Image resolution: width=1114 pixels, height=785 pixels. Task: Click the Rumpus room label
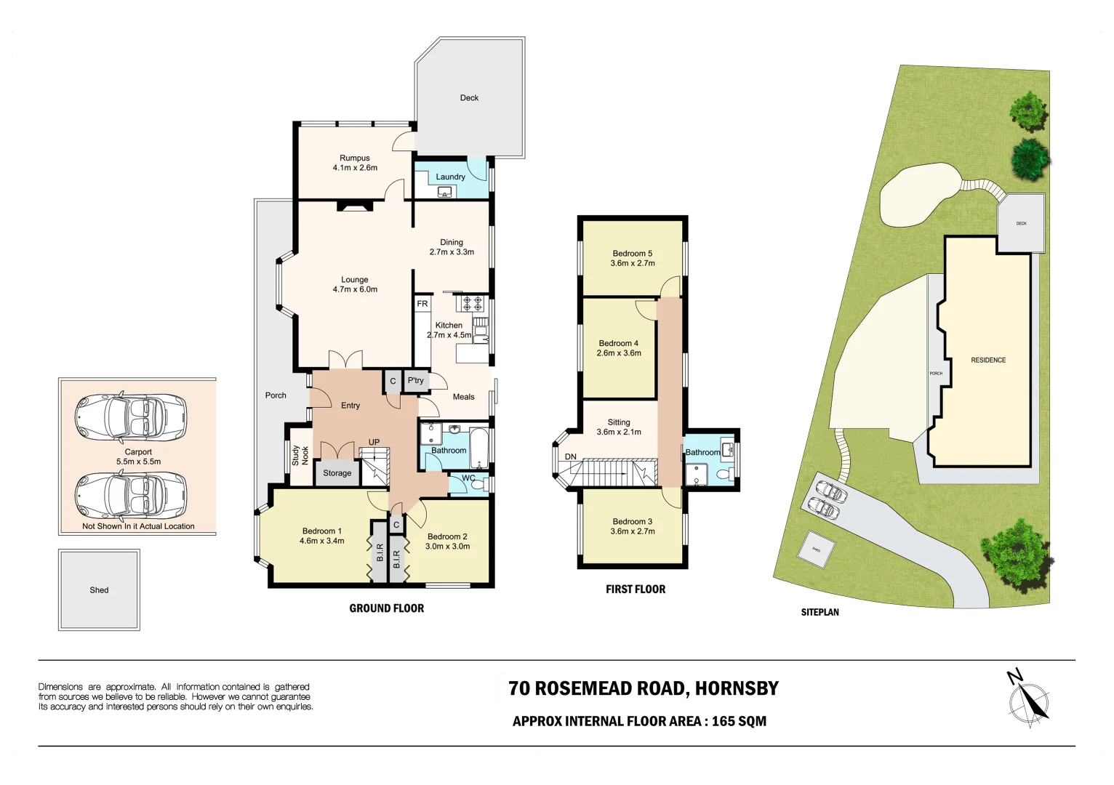(355, 158)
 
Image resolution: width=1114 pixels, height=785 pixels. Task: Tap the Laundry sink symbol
(445, 192)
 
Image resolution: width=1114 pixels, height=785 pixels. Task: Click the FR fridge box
(422, 304)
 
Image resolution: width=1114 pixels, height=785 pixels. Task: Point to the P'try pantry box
(415, 381)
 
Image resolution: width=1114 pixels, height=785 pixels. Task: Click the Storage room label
(337, 473)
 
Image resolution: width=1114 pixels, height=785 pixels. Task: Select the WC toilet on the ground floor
(477, 485)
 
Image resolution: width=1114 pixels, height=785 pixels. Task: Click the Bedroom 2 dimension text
(447, 547)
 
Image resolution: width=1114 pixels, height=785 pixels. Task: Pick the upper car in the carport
(131, 418)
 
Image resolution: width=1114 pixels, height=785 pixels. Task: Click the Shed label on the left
(99, 590)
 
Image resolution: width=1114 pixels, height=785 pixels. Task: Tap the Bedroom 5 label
(632, 254)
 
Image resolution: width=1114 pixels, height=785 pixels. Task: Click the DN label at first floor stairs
(571, 457)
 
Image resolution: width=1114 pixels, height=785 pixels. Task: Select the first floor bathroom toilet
(724, 475)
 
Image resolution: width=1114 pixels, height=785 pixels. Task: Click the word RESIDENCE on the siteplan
(988, 361)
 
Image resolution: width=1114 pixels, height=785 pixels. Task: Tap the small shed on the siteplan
(817, 550)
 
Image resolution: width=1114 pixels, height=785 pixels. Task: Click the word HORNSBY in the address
(737, 688)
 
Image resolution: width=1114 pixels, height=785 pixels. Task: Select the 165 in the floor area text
(724, 721)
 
